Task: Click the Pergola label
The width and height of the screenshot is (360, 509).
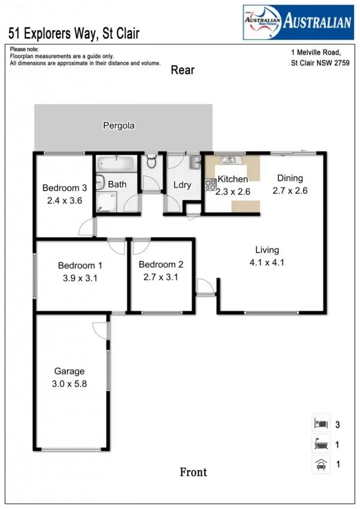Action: tap(118, 126)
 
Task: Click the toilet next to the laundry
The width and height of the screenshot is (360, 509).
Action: tap(152, 162)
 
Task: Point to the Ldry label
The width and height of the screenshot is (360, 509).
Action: tap(182, 185)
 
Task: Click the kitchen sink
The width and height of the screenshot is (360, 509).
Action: tap(229, 160)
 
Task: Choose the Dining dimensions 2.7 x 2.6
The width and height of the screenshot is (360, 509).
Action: tap(290, 190)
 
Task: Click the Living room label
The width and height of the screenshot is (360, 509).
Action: tap(267, 250)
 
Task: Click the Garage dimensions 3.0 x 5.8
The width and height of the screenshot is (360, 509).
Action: tap(70, 383)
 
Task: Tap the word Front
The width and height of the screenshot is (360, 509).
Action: tap(193, 472)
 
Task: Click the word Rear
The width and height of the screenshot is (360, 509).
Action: tap(182, 70)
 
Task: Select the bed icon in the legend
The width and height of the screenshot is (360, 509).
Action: tap(321, 424)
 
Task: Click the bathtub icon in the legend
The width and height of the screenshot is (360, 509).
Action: tap(321, 444)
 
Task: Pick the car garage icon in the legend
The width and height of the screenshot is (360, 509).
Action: tap(321, 465)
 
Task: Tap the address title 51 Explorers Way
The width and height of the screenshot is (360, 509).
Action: tap(74, 34)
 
